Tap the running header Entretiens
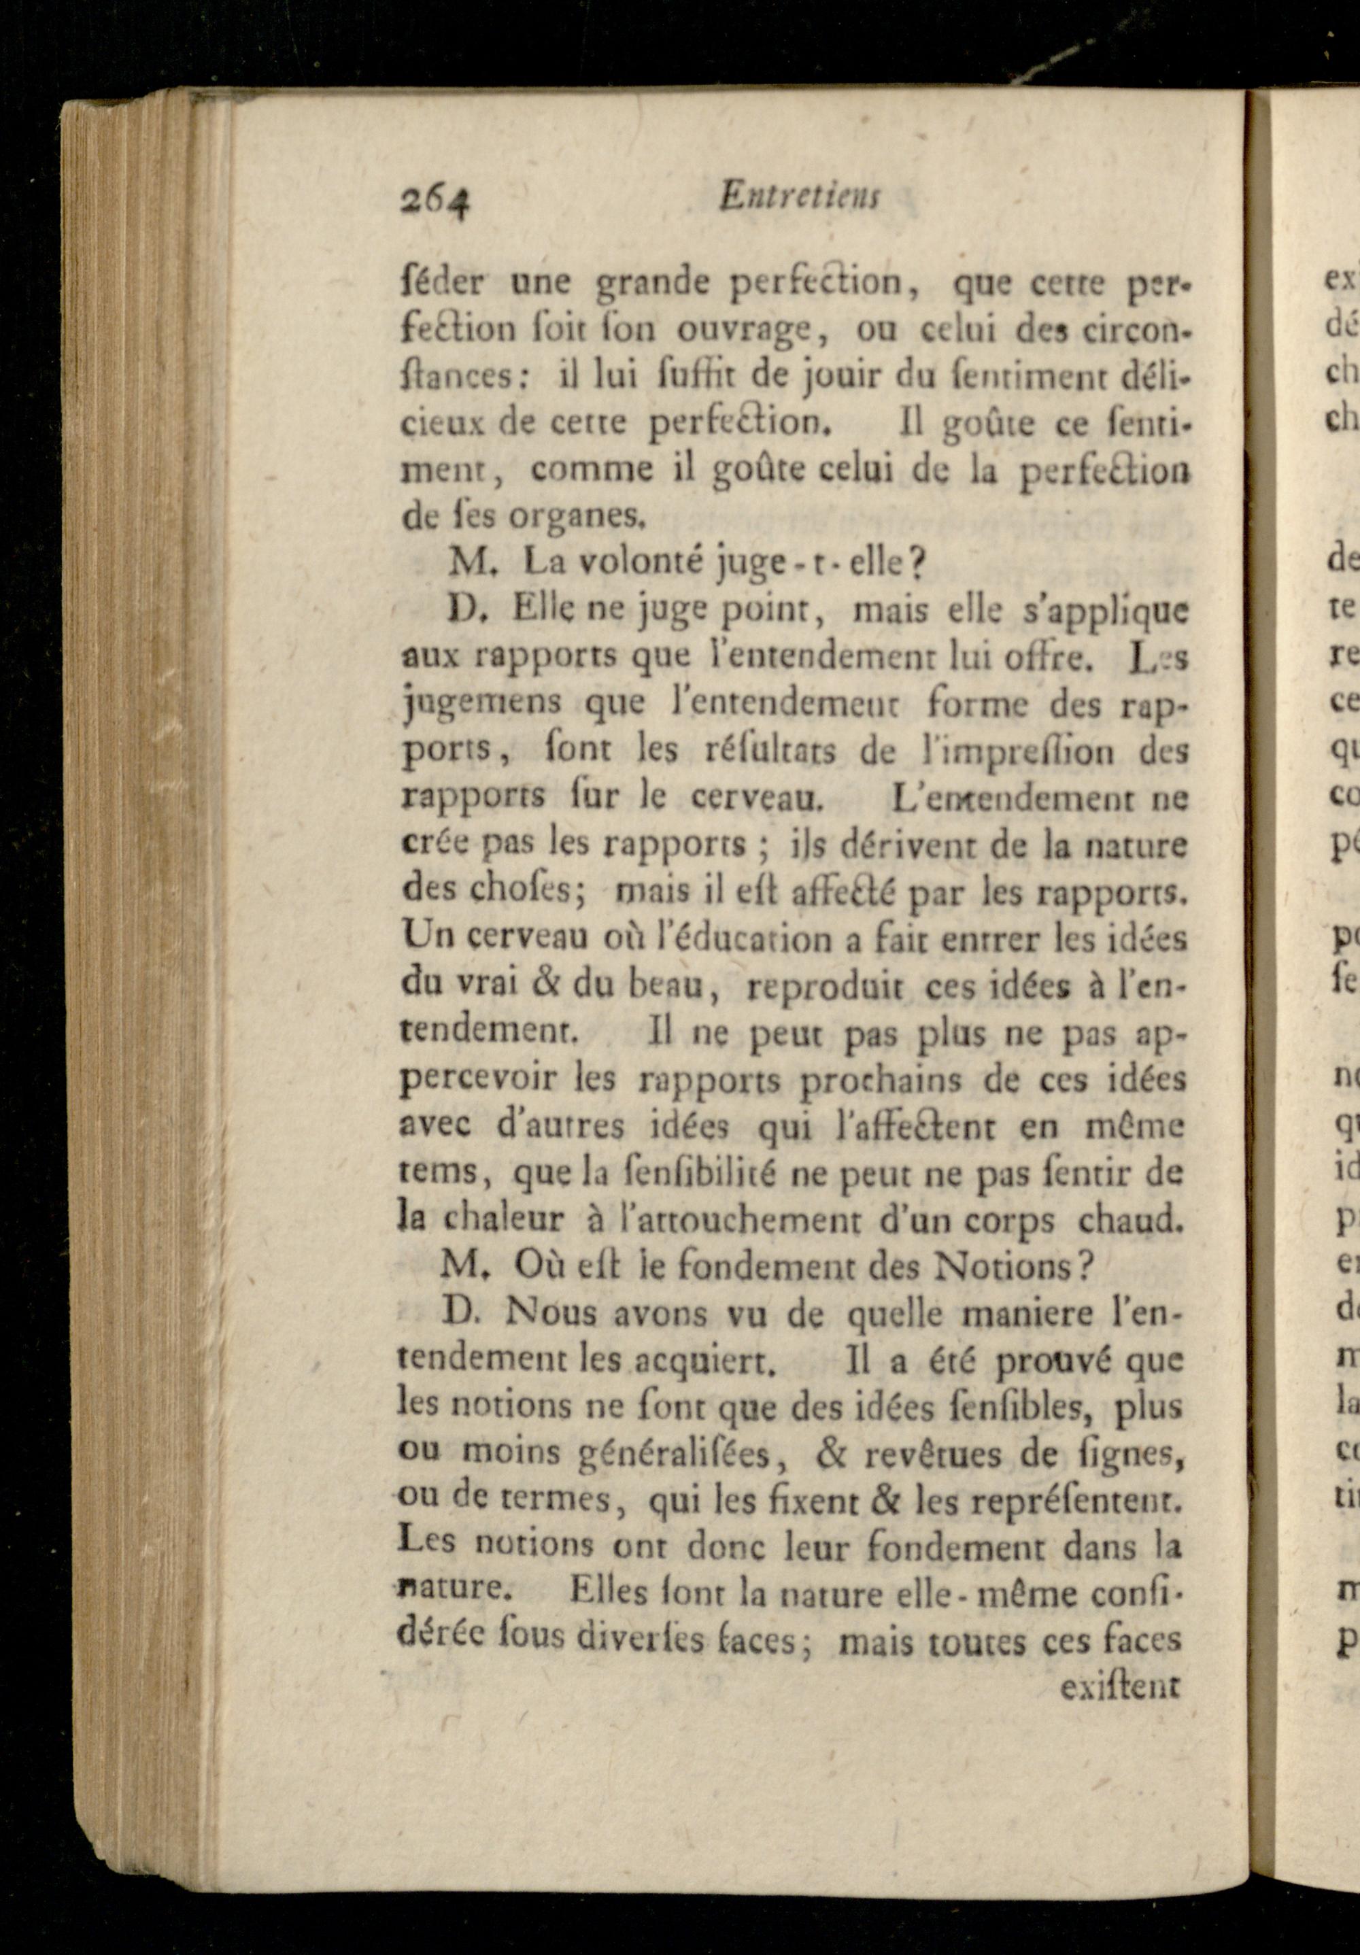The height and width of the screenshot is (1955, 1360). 799,199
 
